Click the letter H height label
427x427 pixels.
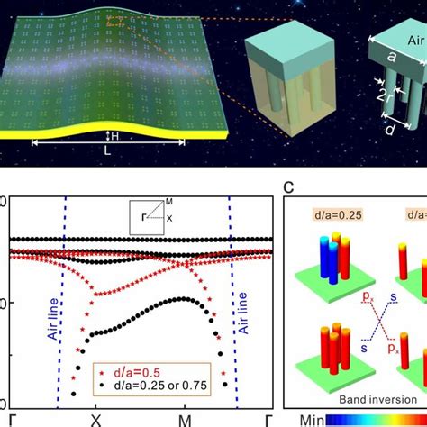click(113, 136)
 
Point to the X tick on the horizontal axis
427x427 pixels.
click(95, 420)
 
